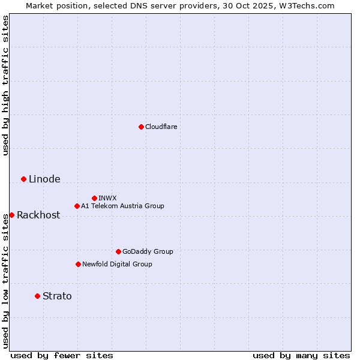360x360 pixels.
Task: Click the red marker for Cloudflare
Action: [141, 127]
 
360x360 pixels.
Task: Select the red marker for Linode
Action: [23, 179]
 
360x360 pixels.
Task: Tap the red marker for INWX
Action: [94, 198]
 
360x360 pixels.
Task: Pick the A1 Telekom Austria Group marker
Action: [77, 206]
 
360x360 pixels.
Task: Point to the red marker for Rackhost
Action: [11, 215]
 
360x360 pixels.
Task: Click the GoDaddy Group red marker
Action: [118, 251]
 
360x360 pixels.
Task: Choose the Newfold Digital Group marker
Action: [78, 264]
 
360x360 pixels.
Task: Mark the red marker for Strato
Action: [37, 296]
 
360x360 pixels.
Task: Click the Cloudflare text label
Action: [161, 127]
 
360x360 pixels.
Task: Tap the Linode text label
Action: [44, 179]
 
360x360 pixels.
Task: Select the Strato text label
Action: [57, 296]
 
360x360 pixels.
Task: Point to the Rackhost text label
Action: [38, 215]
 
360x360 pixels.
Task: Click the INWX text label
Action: [107, 198]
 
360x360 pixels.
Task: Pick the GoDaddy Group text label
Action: [148, 251]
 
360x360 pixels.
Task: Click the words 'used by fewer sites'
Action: [62, 355]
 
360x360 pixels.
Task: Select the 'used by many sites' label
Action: [301, 355]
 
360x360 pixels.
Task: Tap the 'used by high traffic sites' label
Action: [5, 85]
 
